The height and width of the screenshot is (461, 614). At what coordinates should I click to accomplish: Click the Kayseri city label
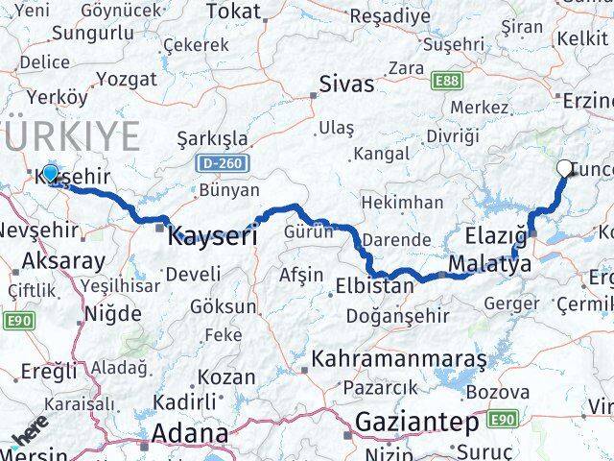click(213, 235)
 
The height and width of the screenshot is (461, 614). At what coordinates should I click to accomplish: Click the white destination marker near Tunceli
click(564, 168)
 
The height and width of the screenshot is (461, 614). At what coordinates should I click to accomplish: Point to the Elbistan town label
click(375, 285)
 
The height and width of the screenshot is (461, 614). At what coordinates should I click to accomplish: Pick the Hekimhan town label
click(401, 203)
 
